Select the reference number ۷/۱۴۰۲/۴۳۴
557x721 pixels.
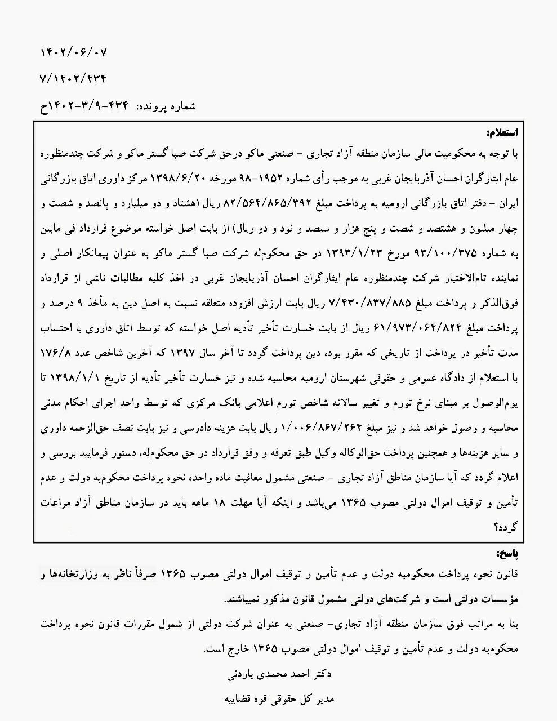(74, 78)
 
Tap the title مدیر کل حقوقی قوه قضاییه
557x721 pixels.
(278, 699)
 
